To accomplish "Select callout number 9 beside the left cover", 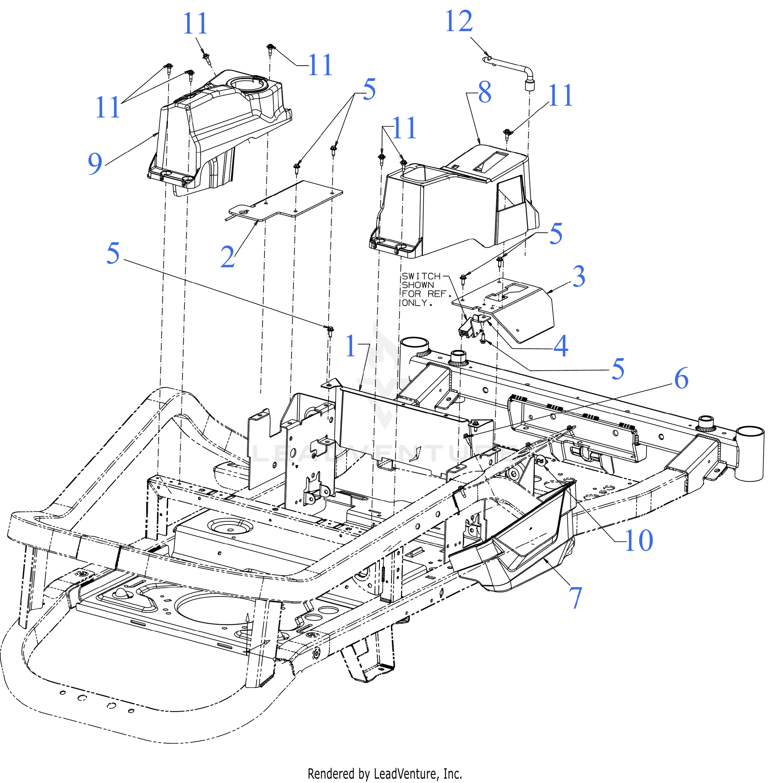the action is (95, 163).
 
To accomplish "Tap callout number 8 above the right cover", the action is (485, 92).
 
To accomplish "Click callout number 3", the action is (579, 276).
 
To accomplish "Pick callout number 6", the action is (682, 378).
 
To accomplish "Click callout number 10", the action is (639, 540).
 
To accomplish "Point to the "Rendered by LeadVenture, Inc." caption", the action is (385, 773).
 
